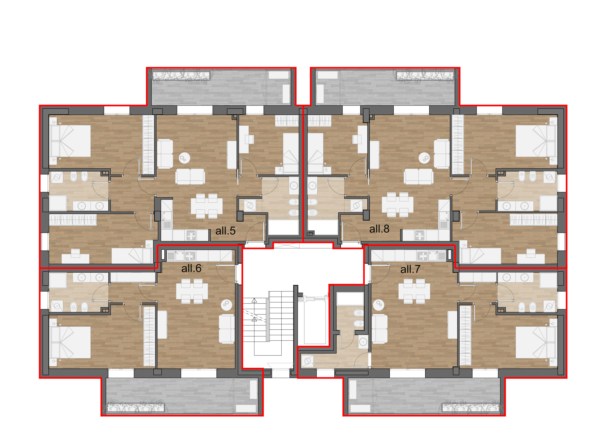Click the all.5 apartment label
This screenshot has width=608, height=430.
[225, 231]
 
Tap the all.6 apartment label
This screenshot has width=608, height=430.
[191, 268]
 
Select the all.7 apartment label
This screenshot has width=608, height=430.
[410, 269]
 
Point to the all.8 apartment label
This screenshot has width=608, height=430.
[379, 229]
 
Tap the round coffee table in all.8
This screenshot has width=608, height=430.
[424, 158]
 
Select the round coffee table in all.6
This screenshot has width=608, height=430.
[226, 305]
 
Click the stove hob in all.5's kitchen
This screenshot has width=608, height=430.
[191, 235]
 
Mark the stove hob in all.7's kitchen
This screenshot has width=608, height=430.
[422, 256]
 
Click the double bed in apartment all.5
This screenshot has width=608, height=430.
[70, 141]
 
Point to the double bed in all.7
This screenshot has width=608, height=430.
[536, 342]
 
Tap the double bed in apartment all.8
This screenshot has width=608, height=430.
[536, 141]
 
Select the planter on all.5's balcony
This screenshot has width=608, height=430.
[181, 75]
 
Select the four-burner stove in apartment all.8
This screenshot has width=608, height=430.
[420, 235]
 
